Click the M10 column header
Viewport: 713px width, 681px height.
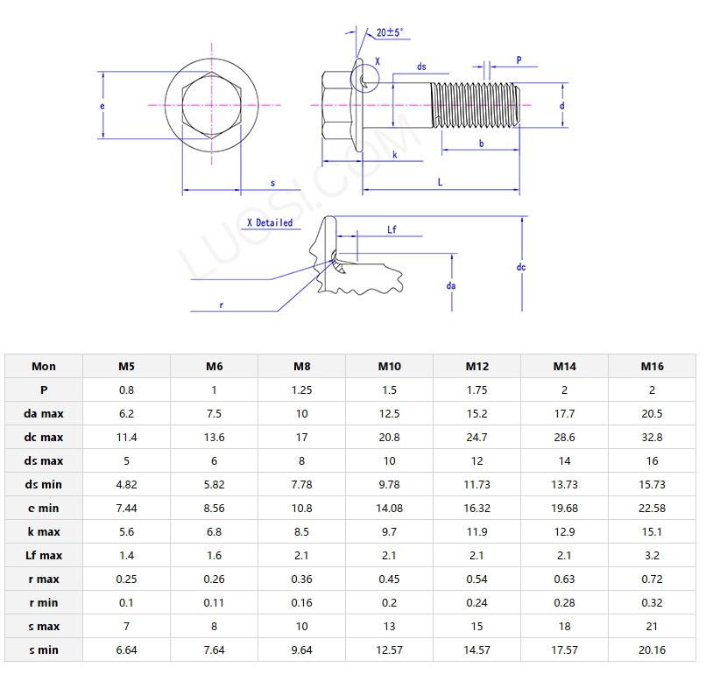pyautogui.click(x=389, y=366)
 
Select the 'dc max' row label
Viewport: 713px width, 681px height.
pyautogui.click(x=43, y=437)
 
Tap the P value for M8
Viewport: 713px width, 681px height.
pyautogui.click(x=301, y=390)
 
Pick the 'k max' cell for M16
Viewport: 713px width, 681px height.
pyautogui.click(x=652, y=531)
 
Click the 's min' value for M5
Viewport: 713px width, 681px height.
pyautogui.click(x=126, y=649)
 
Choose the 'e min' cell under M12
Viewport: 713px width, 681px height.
pyautogui.click(x=477, y=508)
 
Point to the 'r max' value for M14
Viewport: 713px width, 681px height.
pyautogui.click(x=564, y=579)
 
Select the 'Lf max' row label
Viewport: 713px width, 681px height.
pyautogui.click(x=43, y=555)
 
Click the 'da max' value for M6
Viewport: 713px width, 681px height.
pyautogui.click(x=214, y=413)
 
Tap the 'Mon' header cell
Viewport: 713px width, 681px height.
pyautogui.click(x=43, y=366)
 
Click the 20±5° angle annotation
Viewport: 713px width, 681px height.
pyautogui.click(x=390, y=32)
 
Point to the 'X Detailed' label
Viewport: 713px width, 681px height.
pyautogui.click(x=270, y=223)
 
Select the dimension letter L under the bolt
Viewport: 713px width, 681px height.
pyautogui.click(x=440, y=182)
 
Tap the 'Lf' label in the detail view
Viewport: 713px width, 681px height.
pyautogui.click(x=392, y=229)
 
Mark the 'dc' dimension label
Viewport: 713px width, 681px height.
pyautogui.click(x=521, y=266)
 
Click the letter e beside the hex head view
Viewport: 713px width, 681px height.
pyautogui.click(x=102, y=106)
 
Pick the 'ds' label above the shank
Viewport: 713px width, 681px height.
pyautogui.click(x=421, y=67)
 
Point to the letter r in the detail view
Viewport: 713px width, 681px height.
pyautogui.click(x=222, y=305)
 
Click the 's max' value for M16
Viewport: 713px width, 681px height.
pyautogui.click(x=652, y=626)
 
